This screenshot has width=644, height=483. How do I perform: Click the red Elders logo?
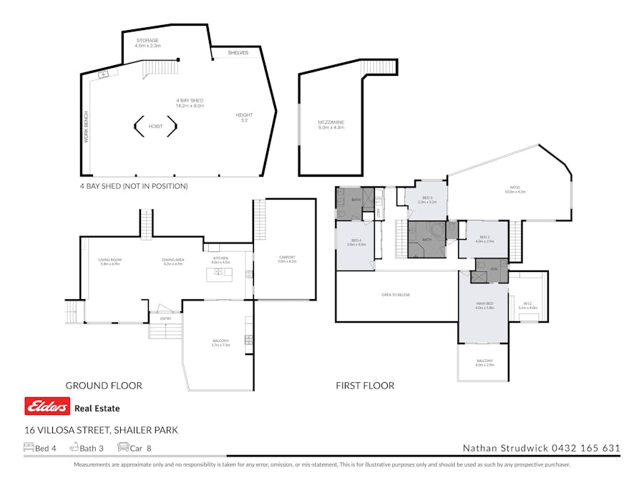tap(47, 407)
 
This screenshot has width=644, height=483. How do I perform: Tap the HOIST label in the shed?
tap(155, 127)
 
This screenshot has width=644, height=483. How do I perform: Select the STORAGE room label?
tap(147, 41)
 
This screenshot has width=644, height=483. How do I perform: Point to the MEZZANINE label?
tap(331, 122)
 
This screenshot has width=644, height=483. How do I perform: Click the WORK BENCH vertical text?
tap(87, 127)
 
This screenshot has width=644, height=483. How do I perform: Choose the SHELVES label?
tap(238, 53)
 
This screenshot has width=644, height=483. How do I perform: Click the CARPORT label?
tap(287, 257)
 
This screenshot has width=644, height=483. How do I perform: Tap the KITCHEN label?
tap(220, 258)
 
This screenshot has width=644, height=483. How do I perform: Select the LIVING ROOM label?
tap(110, 260)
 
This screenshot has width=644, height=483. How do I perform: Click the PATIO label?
tap(515, 188)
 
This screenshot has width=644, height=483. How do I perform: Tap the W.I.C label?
tap(527, 304)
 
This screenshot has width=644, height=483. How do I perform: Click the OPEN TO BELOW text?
tap(396, 294)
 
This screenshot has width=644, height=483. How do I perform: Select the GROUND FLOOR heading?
tap(104, 386)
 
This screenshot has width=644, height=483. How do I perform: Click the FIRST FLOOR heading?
tap(365, 386)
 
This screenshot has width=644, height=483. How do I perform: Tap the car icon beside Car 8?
tap(122, 448)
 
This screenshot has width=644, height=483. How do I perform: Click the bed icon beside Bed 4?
tap(29, 448)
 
